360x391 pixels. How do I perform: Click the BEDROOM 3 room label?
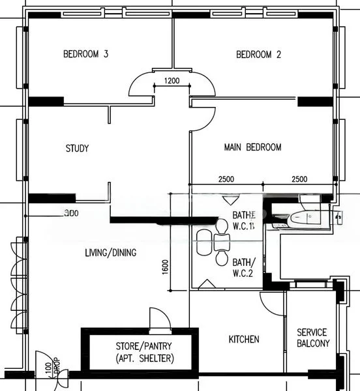pyautogui.click(x=85, y=55)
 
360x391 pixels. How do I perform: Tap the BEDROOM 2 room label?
pyautogui.click(x=258, y=55)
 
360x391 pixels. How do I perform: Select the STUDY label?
pyautogui.click(x=77, y=148)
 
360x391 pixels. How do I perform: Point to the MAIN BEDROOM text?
pyautogui.click(x=252, y=147)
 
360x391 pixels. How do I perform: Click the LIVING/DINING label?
pyautogui.click(x=110, y=252)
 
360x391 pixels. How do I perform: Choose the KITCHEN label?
pyautogui.click(x=244, y=339)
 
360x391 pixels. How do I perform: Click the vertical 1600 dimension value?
pyautogui.click(x=165, y=267)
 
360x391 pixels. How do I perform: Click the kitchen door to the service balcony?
pyautogui.click(x=273, y=301)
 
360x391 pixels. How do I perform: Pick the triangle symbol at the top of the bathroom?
pyautogui.click(x=228, y=200)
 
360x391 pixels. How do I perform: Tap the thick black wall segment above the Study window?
pyautogui.click(x=46, y=101)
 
